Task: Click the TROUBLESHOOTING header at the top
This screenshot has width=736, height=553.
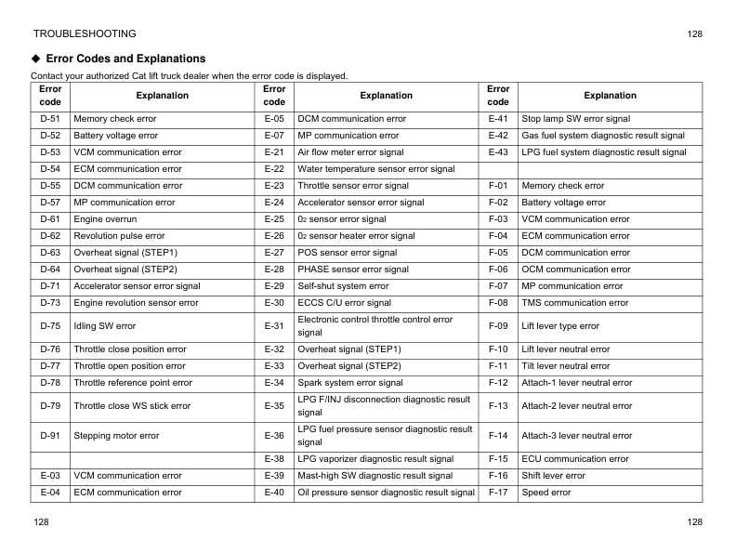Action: (x=84, y=34)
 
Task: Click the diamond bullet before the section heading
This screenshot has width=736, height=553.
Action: (x=36, y=59)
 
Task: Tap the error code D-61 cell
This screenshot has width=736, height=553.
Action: (x=50, y=219)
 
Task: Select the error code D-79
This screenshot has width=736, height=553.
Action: (x=50, y=406)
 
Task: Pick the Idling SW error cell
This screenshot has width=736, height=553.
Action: (x=104, y=326)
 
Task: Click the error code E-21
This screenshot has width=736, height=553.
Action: (x=274, y=152)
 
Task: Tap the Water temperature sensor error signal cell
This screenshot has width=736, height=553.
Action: (x=375, y=169)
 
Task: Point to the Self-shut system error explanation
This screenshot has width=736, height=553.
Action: (x=343, y=286)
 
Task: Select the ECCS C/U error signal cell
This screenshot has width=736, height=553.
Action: (x=344, y=303)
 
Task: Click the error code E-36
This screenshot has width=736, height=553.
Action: (x=274, y=436)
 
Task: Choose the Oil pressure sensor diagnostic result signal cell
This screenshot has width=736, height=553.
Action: (x=386, y=493)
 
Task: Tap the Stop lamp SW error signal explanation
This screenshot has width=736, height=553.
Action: (x=575, y=119)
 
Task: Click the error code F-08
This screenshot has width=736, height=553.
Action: (x=498, y=303)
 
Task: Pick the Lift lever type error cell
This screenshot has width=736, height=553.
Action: (x=560, y=326)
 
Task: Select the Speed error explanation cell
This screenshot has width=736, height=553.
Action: (x=546, y=493)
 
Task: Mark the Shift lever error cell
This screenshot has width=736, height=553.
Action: (x=553, y=476)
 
